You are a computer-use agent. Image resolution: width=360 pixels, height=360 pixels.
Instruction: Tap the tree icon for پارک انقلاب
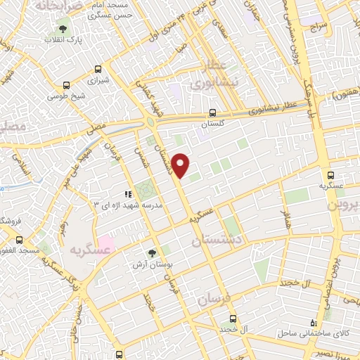tap(63, 30)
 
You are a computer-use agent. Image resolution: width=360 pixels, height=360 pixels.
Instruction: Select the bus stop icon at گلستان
tap(212, 112)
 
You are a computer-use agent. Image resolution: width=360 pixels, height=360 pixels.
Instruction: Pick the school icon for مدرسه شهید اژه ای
tap(127, 194)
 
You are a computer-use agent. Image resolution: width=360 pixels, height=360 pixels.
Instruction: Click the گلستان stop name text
tap(212, 123)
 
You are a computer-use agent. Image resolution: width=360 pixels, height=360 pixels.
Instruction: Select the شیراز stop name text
tap(97, 81)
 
